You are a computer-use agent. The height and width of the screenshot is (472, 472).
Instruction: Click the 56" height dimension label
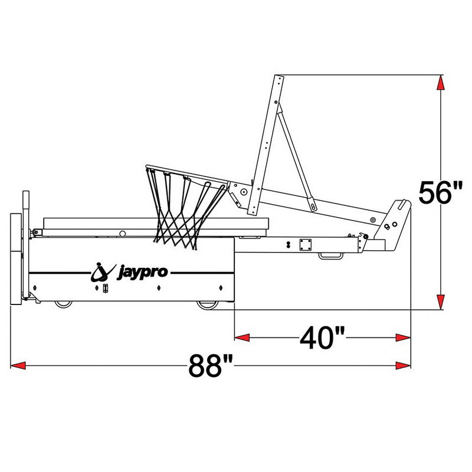[441, 192]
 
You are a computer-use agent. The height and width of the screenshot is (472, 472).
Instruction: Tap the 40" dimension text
[322, 338]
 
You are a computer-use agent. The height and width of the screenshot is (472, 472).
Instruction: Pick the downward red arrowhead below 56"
[440, 301]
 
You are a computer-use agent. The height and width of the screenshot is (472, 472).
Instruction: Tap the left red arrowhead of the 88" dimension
[18, 366]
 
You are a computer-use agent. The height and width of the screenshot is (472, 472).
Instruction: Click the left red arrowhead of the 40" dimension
[242, 337]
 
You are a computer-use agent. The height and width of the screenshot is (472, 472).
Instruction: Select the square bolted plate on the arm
[306, 244]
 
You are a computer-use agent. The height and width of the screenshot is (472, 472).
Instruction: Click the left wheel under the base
[63, 304]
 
